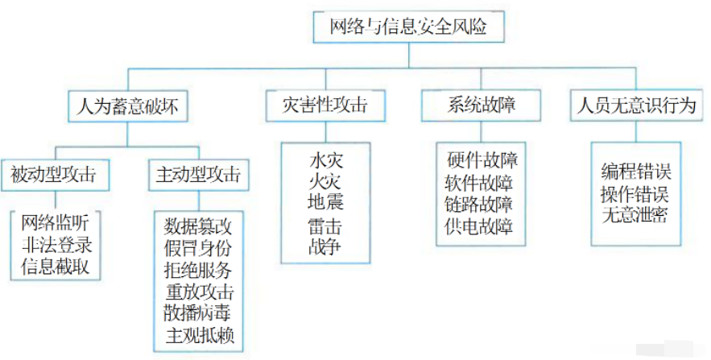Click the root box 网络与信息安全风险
tap(408, 27)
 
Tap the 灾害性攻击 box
tap(325, 106)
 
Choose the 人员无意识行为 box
tap(632, 106)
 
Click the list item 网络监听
tap(56, 221)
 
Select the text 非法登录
tap(56, 243)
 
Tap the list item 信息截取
tap(56, 265)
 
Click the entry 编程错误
tap(636, 171)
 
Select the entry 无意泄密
tap(636, 216)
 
